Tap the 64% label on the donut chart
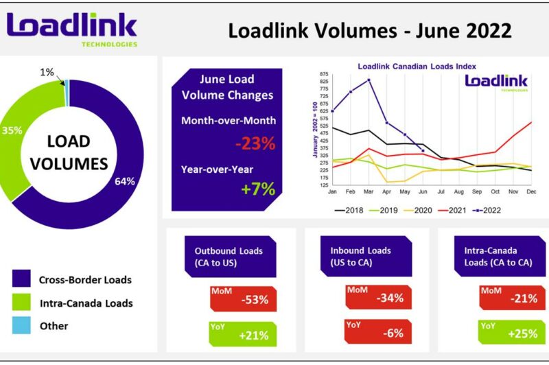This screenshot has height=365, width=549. pyautogui.click(x=124, y=182)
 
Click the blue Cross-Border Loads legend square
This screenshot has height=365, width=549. pyautogui.click(x=21, y=279)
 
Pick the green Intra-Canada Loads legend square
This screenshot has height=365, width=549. pyautogui.click(x=21, y=303)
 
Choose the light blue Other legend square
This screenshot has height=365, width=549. pyautogui.click(x=21, y=326)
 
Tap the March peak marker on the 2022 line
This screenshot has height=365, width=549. pyautogui.click(x=369, y=80)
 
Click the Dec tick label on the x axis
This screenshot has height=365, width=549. pyautogui.click(x=530, y=193)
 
